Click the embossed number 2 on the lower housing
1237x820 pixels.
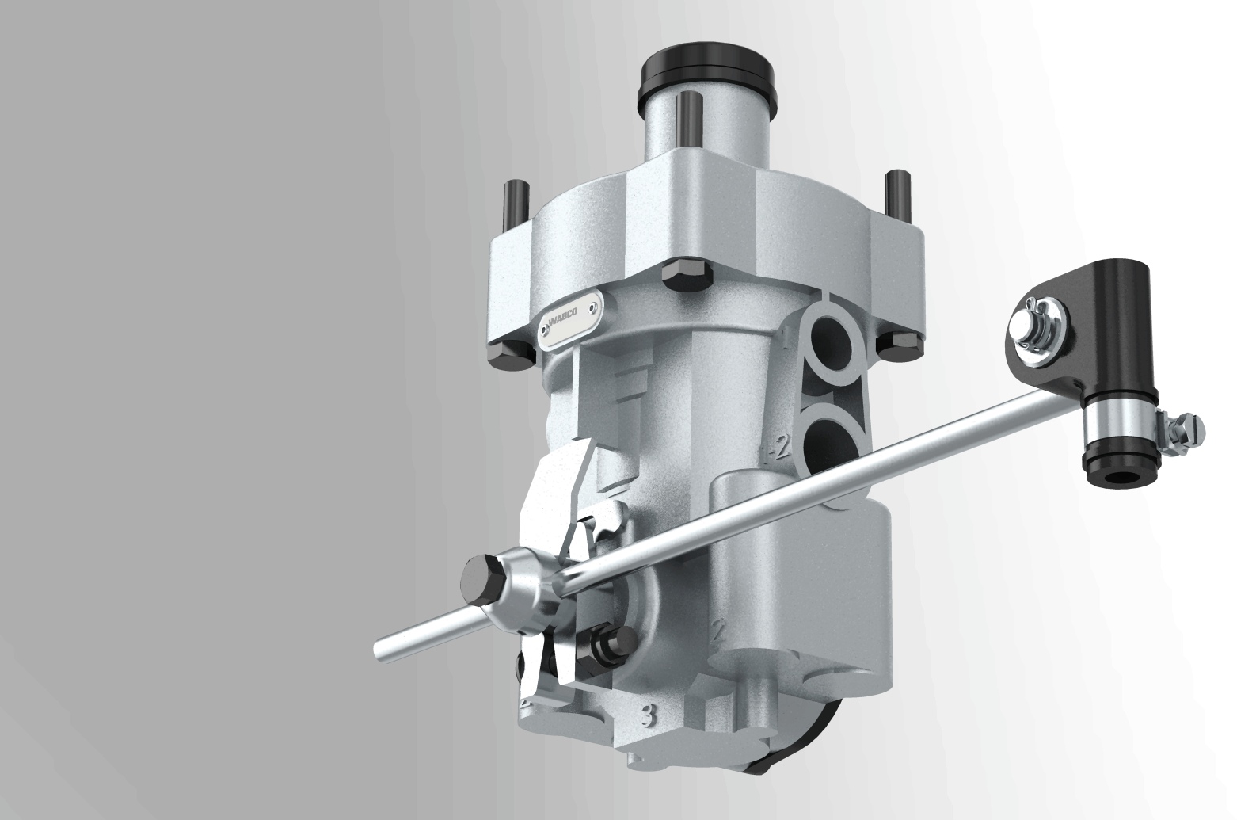coord(720,631)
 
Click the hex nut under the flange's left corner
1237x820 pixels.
coord(508,357)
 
